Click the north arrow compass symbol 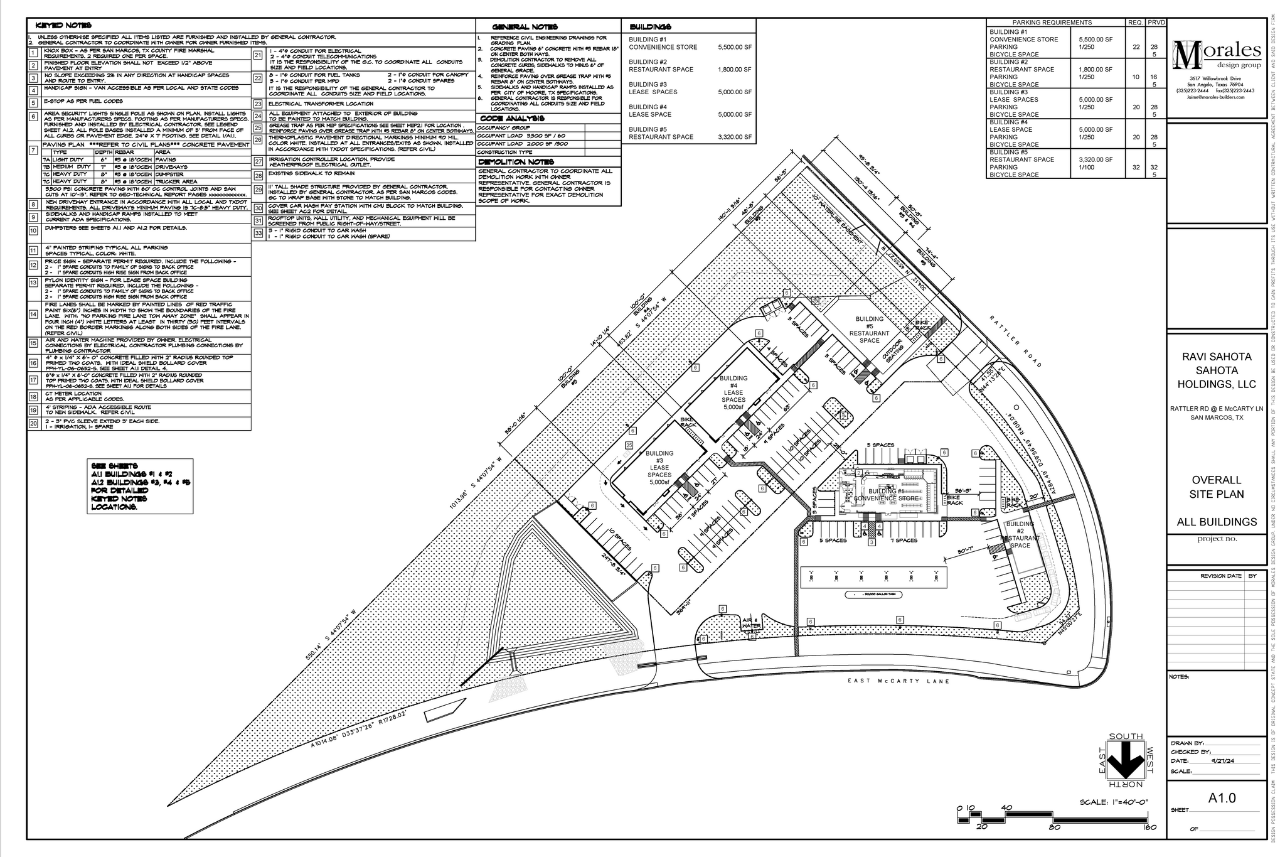[1126, 762]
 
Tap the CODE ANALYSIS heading [512, 118]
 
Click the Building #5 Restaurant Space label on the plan [869, 330]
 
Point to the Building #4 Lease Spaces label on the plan [733, 392]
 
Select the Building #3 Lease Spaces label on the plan [659, 468]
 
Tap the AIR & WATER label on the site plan [751, 622]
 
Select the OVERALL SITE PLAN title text [1217, 487]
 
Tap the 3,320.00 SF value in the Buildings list [734, 137]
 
